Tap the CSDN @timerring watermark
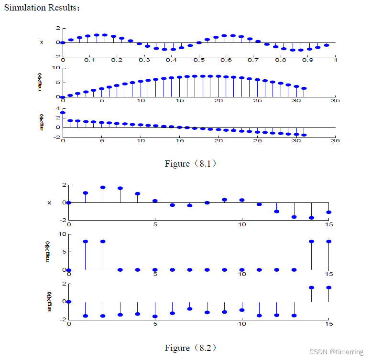pos(337,352)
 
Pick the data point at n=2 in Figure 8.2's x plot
pos(103,188)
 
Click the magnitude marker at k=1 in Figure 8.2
pos(86,242)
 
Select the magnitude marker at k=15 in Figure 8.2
pos(328,242)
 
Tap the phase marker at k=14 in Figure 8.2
pos(311,288)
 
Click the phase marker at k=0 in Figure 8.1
pos(63,113)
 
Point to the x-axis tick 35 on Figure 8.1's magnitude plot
pos(335,101)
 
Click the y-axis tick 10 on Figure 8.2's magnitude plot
pos(62,234)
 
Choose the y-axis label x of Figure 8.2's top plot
pos(49,203)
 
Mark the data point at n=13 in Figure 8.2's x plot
pos(294,217)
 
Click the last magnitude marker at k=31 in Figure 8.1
pos(304,88)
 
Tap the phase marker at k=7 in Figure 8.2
pos(190,309)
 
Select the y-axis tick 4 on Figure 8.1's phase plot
pos(57,109)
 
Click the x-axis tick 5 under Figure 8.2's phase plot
pos(155,324)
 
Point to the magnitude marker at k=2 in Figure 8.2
pos(103,242)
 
